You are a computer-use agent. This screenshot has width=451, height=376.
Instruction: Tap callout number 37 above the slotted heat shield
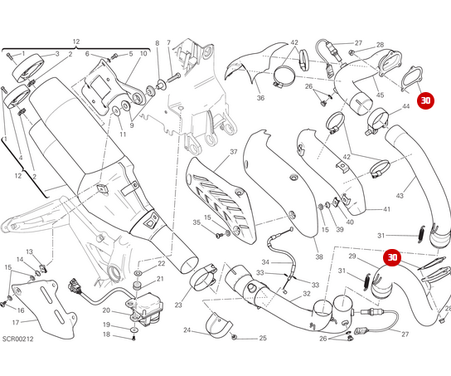pos(233,152)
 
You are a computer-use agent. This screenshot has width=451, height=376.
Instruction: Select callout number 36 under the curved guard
pos(259,98)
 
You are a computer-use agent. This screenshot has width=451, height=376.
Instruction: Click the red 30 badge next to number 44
pos(425,101)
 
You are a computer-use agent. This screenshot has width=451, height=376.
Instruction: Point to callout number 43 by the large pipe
pos(400,196)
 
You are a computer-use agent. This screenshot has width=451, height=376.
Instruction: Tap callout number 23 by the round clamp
pos(157,42)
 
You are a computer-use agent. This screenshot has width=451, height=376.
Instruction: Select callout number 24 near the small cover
pos(187,330)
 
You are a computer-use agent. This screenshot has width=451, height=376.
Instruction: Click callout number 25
pos(262,339)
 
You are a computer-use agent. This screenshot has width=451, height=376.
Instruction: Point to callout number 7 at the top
pos(168,42)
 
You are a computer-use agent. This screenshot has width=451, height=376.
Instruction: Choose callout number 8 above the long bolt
pos(157,42)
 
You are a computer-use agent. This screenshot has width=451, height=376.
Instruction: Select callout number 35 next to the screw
pos(196,222)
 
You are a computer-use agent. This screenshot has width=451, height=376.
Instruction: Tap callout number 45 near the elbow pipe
pos(380,95)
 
